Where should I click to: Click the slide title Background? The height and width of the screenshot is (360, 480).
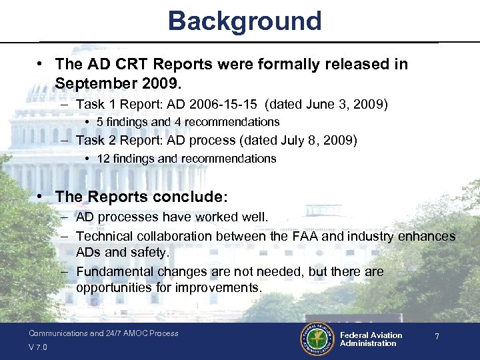(245, 21)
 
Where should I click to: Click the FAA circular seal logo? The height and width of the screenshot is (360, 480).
(316, 339)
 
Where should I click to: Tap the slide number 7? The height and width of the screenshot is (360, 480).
(437, 337)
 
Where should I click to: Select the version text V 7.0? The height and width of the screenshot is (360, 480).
(39, 347)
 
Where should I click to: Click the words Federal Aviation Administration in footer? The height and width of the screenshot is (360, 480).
(371, 339)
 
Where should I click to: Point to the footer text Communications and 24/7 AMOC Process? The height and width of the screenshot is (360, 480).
(103, 333)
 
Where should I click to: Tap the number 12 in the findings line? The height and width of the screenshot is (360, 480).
(103, 159)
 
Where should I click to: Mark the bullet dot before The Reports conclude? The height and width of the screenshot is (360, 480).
(41, 197)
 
